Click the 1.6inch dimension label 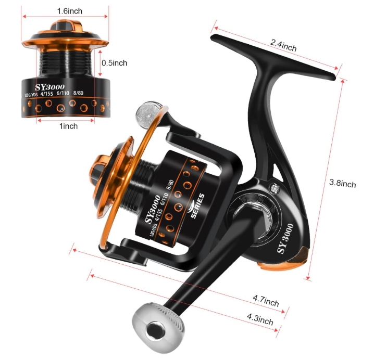click(x=70, y=11)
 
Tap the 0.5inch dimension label click(x=114, y=63)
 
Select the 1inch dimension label click(x=68, y=126)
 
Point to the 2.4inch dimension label click(x=283, y=45)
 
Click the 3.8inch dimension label click(x=343, y=183)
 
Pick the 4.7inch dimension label click(x=266, y=301)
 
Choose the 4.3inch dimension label click(x=260, y=319)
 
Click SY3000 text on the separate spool click(x=50, y=87)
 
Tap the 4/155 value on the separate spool click(x=46, y=94)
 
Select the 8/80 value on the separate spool click(x=78, y=93)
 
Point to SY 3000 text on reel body click(x=285, y=238)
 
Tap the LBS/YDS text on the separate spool click(x=31, y=95)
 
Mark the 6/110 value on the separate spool click(x=63, y=93)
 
